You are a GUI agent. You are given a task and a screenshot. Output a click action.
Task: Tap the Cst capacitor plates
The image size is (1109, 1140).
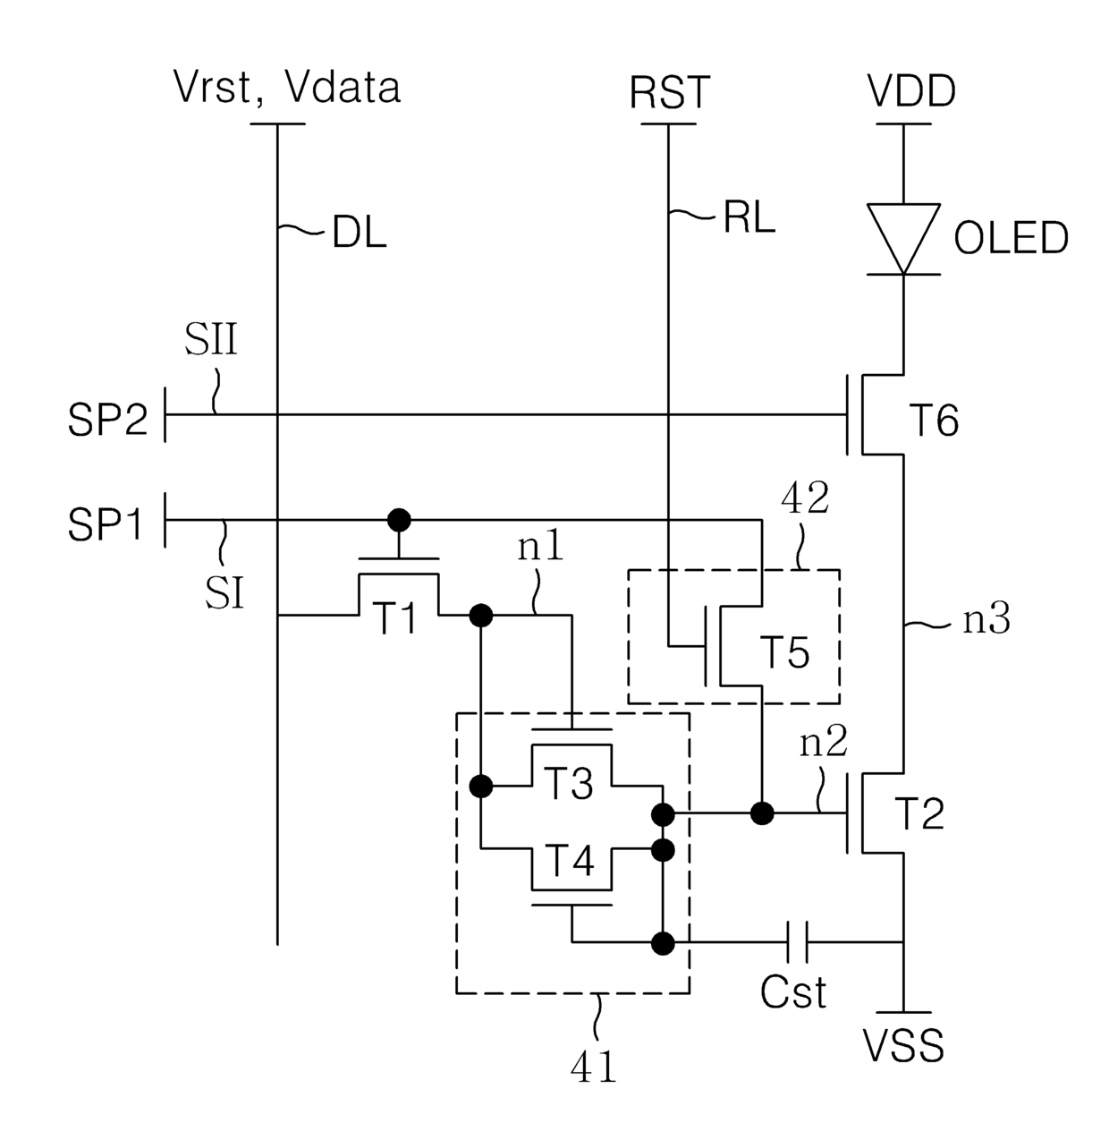click(x=798, y=942)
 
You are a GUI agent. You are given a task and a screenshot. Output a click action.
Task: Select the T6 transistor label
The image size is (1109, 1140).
click(x=934, y=421)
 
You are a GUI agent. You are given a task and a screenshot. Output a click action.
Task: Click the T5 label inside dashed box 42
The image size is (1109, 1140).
click(x=784, y=651)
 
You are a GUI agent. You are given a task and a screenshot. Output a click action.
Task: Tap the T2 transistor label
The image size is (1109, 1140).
click(x=920, y=813)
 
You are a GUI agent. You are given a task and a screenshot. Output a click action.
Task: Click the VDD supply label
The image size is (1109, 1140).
click(x=911, y=91)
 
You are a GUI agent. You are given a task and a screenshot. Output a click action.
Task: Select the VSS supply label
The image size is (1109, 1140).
click(x=903, y=1045)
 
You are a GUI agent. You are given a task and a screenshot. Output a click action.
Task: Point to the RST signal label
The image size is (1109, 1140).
click(x=669, y=92)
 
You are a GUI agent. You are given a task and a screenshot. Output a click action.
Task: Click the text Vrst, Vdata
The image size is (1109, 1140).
click(x=287, y=88)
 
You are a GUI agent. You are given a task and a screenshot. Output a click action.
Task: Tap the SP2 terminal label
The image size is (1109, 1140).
click(x=107, y=420)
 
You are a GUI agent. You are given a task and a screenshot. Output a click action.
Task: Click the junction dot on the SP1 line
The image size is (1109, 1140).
click(x=400, y=520)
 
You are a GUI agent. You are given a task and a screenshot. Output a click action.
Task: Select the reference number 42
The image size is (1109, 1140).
click(x=805, y=498)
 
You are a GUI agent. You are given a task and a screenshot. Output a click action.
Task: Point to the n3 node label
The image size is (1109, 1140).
click(x=987, y=619)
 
